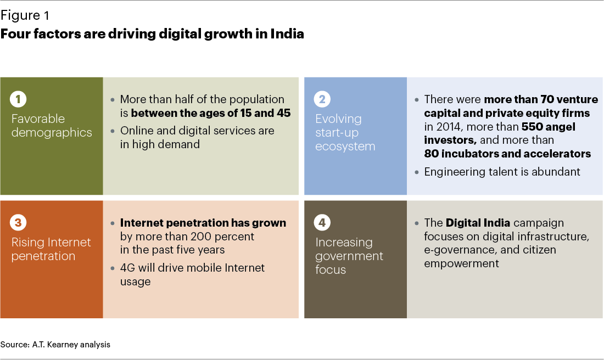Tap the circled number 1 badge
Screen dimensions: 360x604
(18, 99)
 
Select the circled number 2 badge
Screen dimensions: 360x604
(323, 99)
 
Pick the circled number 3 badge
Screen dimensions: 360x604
(18, 223)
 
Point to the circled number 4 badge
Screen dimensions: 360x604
(323, 223)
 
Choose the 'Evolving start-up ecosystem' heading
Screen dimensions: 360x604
(345, 132)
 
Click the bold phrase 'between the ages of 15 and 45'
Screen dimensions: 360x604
(210, 114)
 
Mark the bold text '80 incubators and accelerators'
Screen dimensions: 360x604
(507, 154)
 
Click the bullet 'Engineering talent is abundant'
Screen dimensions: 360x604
(502, 172)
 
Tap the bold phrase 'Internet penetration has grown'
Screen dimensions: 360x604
(203, 223)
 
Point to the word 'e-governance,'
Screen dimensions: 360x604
(458, 250)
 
